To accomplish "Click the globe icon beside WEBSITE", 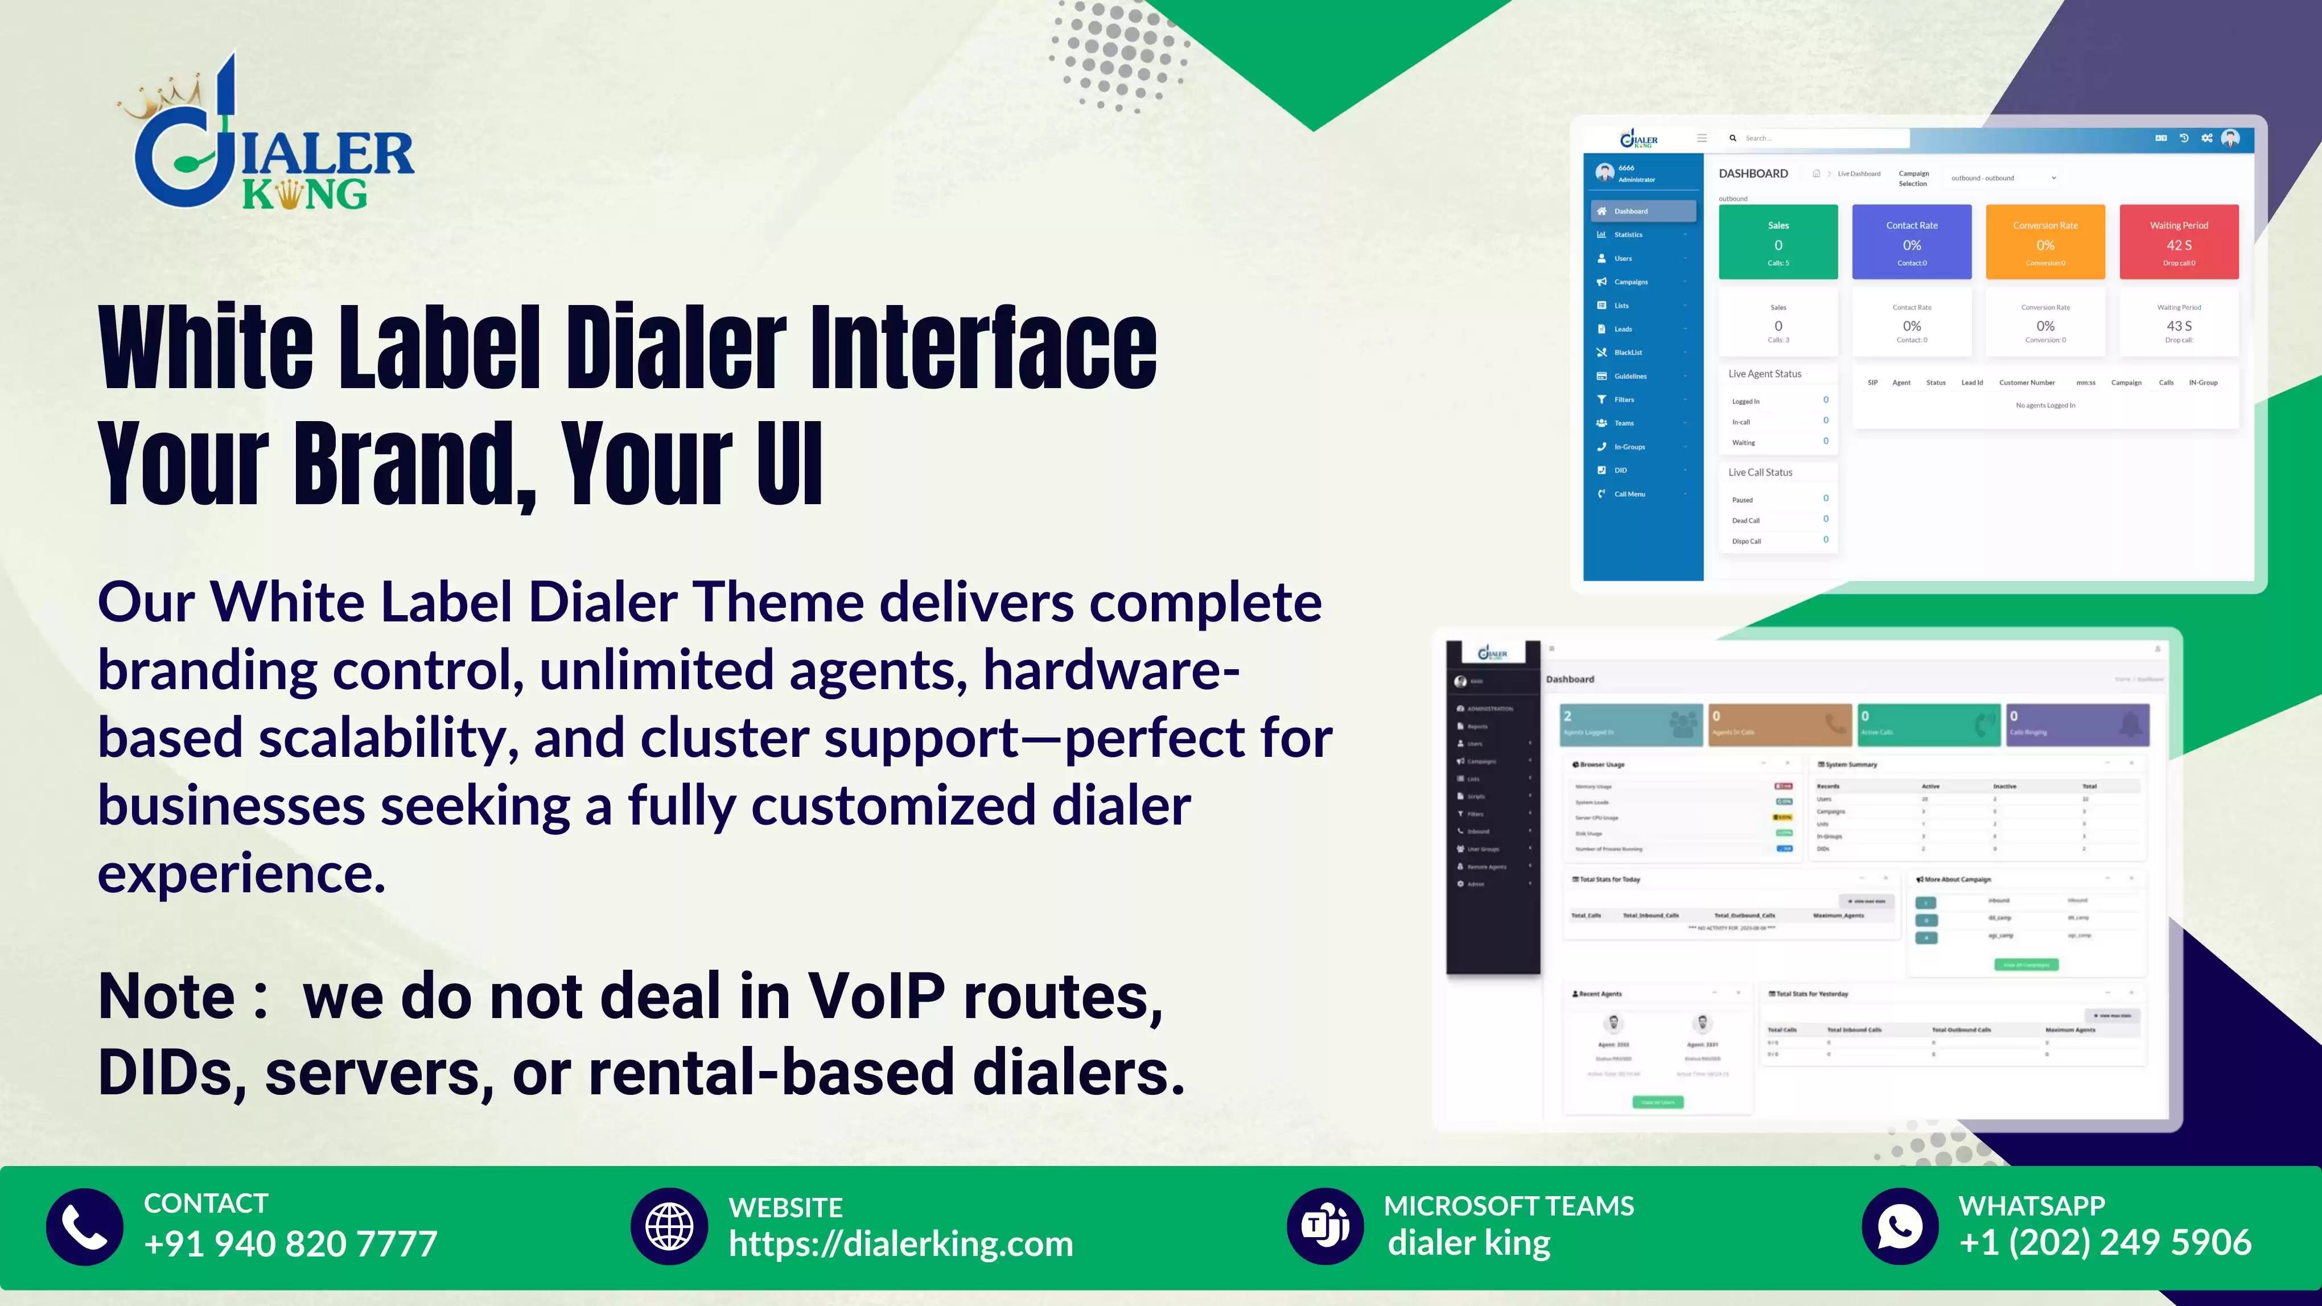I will point(669,1227).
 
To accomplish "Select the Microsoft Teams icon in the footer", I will point(1325,1227).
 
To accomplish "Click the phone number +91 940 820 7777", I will point(290,1244).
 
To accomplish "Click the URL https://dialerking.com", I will point(900,1244).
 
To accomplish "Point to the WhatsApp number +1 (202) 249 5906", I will point(2105,1242).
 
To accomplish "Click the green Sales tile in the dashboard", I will point(1777,241).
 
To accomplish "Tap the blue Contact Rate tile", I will point(1911,241).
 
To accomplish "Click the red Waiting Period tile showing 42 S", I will point(2179,241).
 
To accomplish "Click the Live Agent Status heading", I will point(1764,374).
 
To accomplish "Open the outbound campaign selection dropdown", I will point(2003,178).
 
